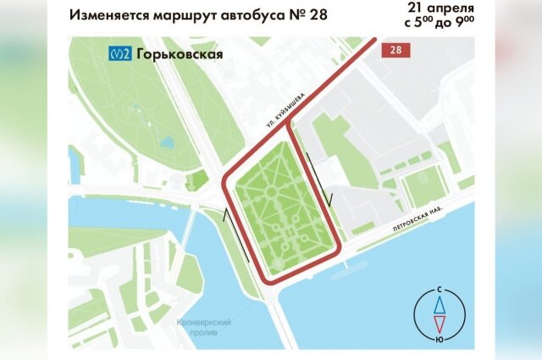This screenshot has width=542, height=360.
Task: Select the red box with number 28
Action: click(395, 51)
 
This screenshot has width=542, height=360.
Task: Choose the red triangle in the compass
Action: click(438, 322)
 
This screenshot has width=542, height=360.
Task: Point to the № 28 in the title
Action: click(309, 15)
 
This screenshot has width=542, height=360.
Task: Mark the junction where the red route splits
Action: click(290, 126)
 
